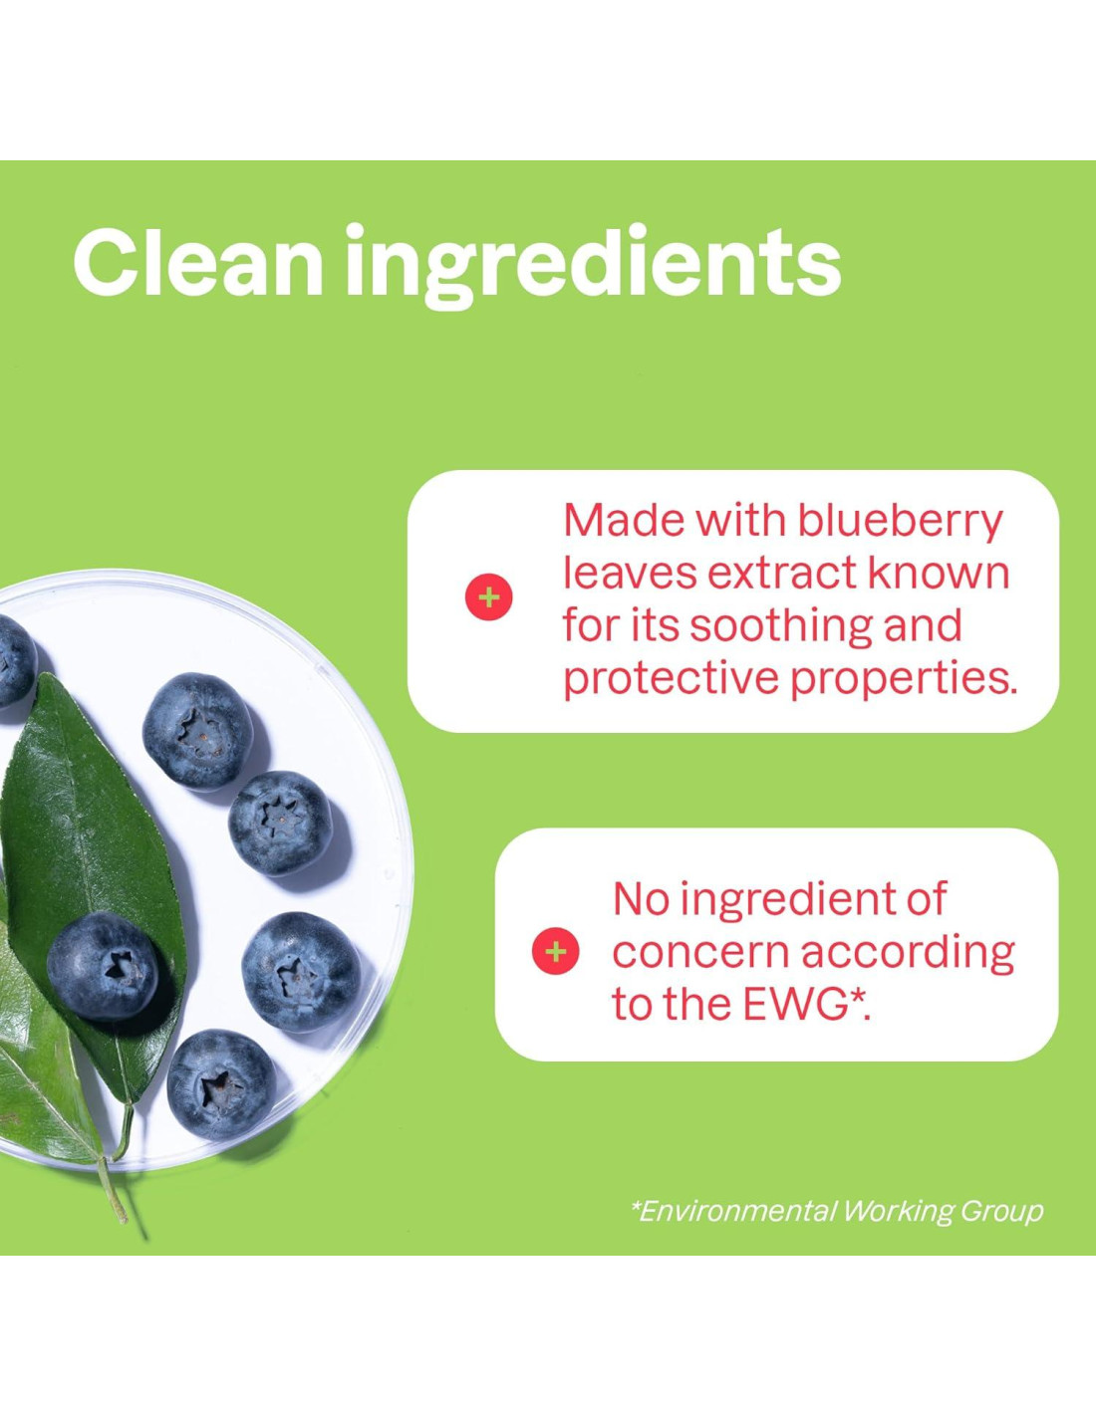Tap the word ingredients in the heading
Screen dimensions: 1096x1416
click(x=593, y=266)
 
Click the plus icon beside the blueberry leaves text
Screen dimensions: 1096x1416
click(x=488, y=597)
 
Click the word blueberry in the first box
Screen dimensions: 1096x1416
click(x=900, y=523)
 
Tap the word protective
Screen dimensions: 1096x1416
click(x=671, y=680)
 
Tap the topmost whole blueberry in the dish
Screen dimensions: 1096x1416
click(x=197, y=732)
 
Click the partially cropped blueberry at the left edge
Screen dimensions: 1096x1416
click(x=16, y=661)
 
